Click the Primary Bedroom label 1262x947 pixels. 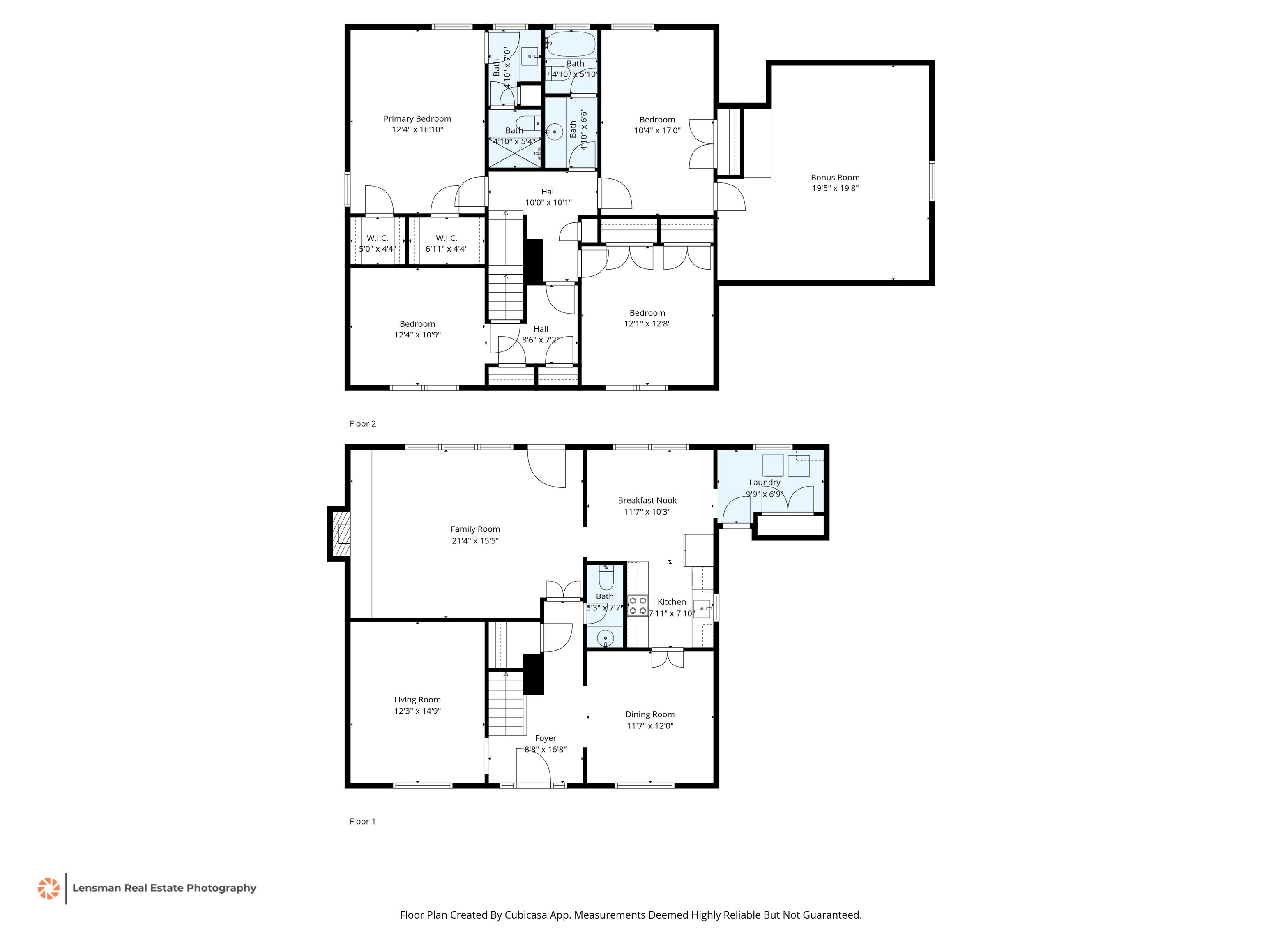tap(417, 119)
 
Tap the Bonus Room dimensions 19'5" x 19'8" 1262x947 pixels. tap(835, 188)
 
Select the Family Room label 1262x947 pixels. tap(475, 529)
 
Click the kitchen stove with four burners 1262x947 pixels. tap(638, 606)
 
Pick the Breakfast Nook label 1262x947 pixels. tap(647, 501)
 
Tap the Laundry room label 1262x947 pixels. tap(765, 483)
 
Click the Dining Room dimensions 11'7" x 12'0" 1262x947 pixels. tap(650, 726)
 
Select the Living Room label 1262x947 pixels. tap(417, 700)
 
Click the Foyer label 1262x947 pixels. tap(546, 738)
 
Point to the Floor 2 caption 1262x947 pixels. tap(363, 423)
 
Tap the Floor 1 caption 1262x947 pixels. tap(363, 821)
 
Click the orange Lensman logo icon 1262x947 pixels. tap(48, 888)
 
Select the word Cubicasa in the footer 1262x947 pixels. tap(526, 915)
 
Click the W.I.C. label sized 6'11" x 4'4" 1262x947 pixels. tap(446, 238)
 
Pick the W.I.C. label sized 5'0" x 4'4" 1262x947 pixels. tap(377, 238)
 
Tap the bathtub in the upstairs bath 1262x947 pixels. tap(571, 44)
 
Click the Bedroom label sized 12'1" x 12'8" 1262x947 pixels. tap(647, 313)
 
